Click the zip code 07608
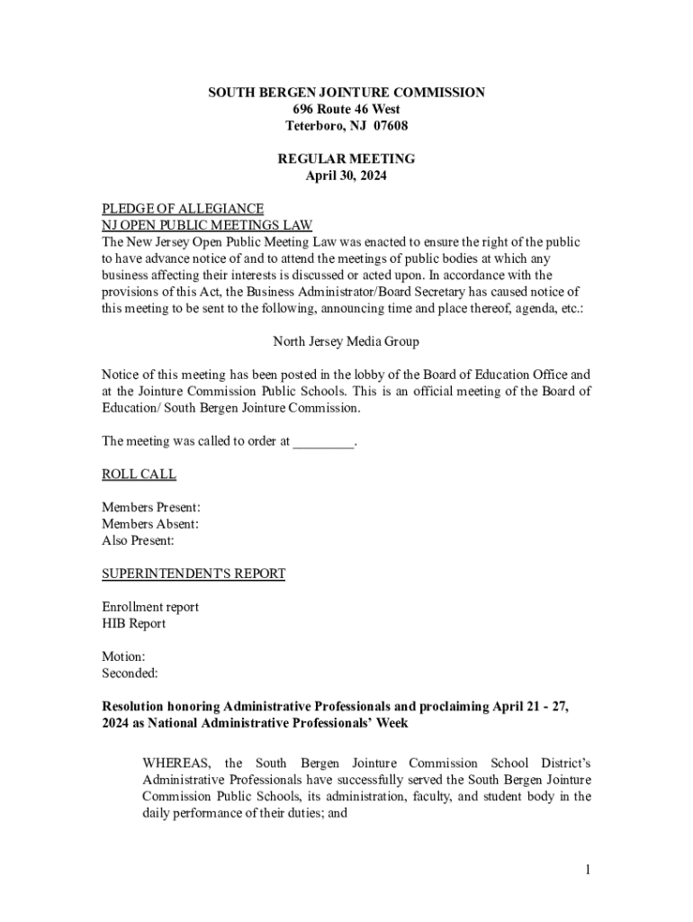(390, 125)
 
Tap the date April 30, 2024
(346, 176)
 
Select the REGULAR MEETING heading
(346, 158)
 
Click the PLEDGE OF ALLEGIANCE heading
(183, 209)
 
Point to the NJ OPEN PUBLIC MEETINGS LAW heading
(207, 225)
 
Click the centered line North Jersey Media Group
(346, 342)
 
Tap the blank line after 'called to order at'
(324, 441)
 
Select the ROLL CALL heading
(139, 475)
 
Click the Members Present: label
(151, 508)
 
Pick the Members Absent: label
(150, 524)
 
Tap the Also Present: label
(138, 541)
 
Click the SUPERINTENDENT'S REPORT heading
(193, 574)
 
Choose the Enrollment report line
(150, 607)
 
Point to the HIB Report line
(133, 623)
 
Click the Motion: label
(123, 656)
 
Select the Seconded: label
(130, 673)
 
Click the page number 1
(587, 869)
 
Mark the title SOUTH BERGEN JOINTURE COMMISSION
(346, 92)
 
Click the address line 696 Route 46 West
(346, 109)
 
